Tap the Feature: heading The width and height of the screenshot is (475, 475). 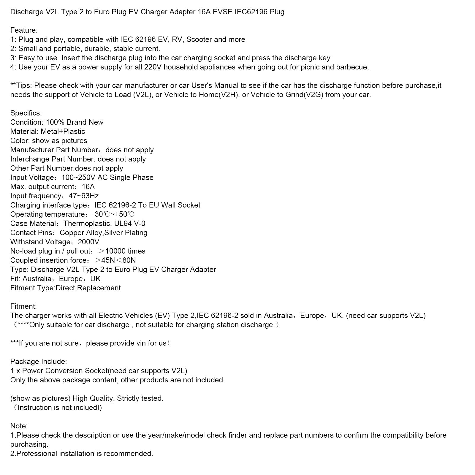tap(24, 30)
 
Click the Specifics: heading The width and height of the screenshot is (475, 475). tap(26, 113)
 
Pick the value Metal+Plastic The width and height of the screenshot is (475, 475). tap(63, 132)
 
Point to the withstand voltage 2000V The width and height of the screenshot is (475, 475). tap(88, 242)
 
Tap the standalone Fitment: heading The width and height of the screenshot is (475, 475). tap(23, 306)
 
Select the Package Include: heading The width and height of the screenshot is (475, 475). tap(39, 362)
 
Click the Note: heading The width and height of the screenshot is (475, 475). tap(19, 426)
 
